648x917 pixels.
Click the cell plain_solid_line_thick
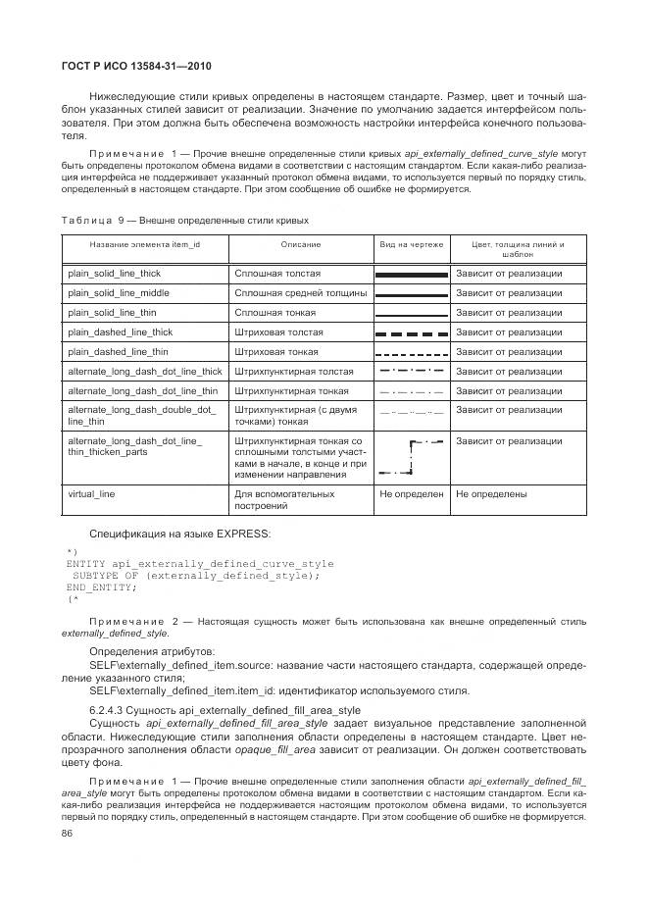(114, 274)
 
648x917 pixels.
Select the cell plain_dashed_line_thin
(117, 352)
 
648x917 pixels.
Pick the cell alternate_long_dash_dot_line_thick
(144, 372)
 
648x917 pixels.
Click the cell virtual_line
(91, 494)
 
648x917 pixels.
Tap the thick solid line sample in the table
(412, 275)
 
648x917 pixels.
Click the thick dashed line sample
(412, 333)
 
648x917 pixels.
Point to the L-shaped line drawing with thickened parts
(412, 458)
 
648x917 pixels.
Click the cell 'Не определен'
(412, 494)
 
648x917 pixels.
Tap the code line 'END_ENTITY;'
(101, 586)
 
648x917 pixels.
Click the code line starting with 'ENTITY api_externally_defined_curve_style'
(199, 564)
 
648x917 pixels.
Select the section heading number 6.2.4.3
(113, 710)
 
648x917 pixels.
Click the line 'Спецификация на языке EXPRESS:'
(179, 534)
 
